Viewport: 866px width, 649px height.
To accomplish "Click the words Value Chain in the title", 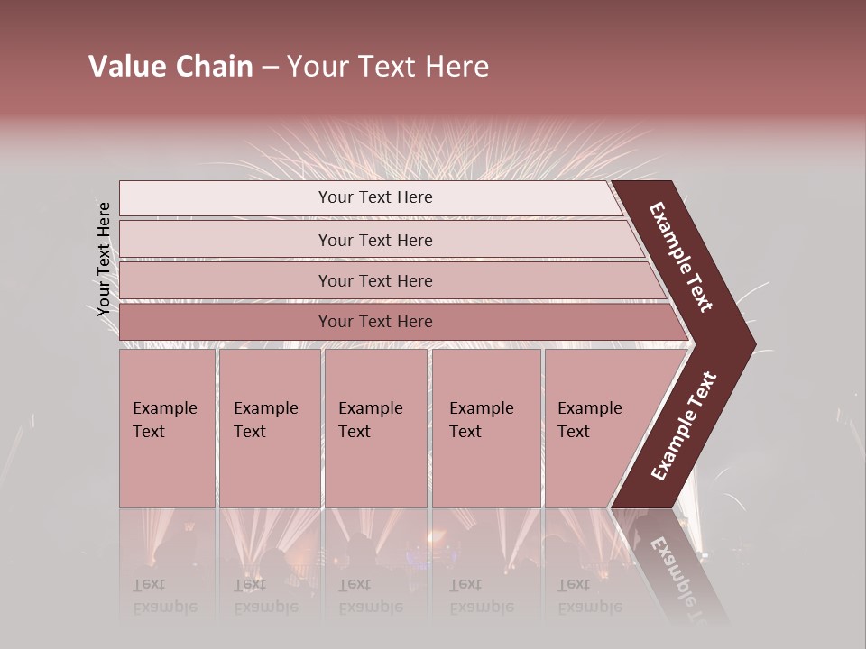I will (x=170, y=67).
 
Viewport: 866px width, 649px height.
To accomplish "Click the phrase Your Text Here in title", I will (x=388, y=67).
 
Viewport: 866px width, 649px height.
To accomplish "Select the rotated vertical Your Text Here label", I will (x=104, y=259).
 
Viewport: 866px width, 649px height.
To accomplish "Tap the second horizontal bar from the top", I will (x=374, y=240).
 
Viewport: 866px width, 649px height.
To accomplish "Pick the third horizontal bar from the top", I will (x=374, y=280).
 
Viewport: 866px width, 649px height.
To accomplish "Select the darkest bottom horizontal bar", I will (x=374, y=322).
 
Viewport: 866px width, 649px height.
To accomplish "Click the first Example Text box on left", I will (x=167, y=428).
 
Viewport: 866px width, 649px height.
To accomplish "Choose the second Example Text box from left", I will (x=269, y=428).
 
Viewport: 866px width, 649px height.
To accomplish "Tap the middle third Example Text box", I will (x=375, y=428).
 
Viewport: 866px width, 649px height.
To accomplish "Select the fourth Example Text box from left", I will (x=485, y=428).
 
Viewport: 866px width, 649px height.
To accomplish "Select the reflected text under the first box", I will (x=164, y=596).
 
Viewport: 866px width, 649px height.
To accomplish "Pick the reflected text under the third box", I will (x=370, y=596).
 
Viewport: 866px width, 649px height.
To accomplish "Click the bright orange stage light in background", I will (x=439, y=538).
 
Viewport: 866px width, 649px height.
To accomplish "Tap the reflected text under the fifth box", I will (x=589, y=596).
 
